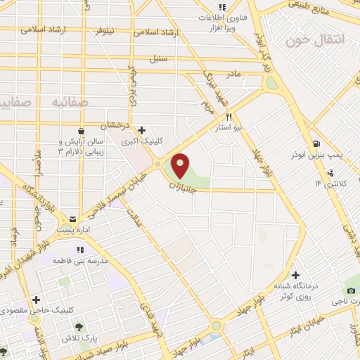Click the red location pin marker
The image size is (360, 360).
click(180, 165)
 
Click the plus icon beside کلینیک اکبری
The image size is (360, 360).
click(143, 130)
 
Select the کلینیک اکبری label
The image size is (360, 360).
click(142, 141)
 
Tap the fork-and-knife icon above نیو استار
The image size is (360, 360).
click(229, 117)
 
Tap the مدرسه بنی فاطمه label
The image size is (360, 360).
click(82, 261)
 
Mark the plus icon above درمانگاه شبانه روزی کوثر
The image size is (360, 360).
click(296, 275)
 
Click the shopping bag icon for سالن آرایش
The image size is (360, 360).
click(82, 131)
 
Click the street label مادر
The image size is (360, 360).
click(233, 73)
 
